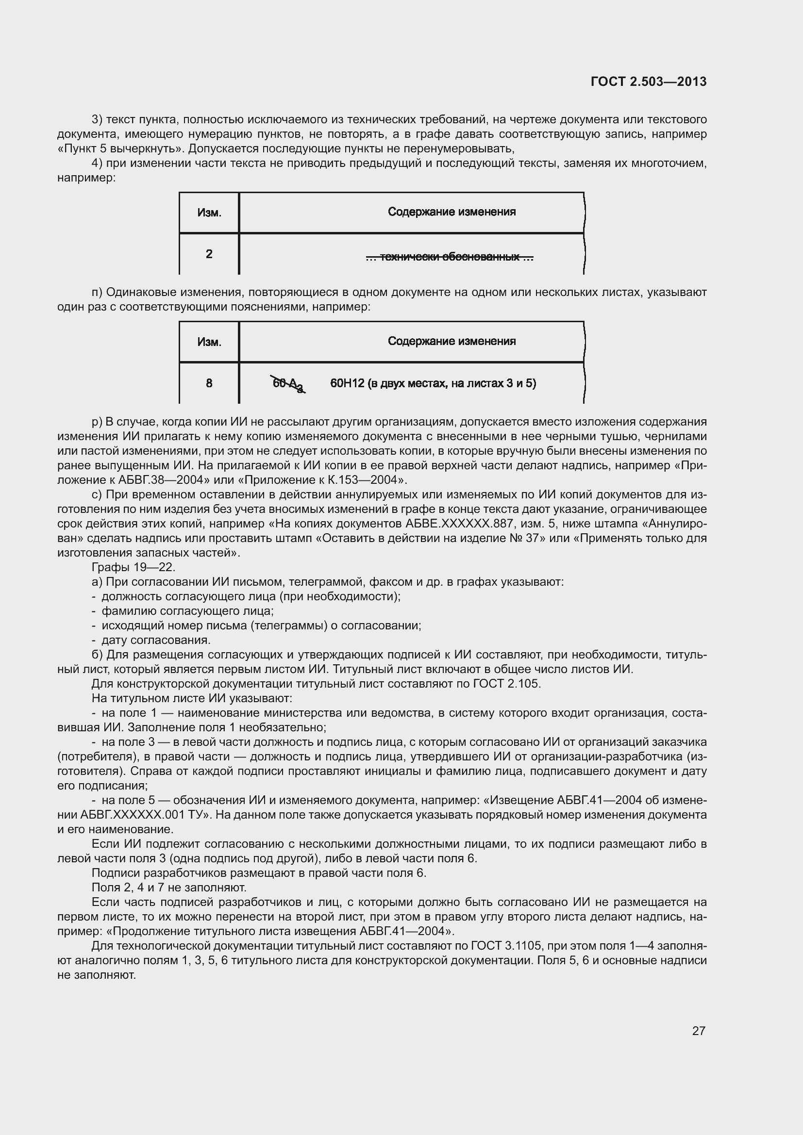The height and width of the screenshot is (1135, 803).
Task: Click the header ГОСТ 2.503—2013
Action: click(648, 82)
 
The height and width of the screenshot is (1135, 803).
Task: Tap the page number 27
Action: click(698, 1031)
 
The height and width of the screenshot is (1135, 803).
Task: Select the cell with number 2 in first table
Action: click(209, 254)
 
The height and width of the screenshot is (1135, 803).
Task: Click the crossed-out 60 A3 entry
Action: click(288, 384)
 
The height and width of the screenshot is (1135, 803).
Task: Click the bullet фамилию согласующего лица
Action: click(187, 611)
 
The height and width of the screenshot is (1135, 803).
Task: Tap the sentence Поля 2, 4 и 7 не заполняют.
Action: click(169, 888)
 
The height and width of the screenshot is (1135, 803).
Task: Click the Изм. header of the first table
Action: click(209, 213)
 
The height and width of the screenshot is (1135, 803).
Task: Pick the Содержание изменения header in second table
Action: click(451, 341)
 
